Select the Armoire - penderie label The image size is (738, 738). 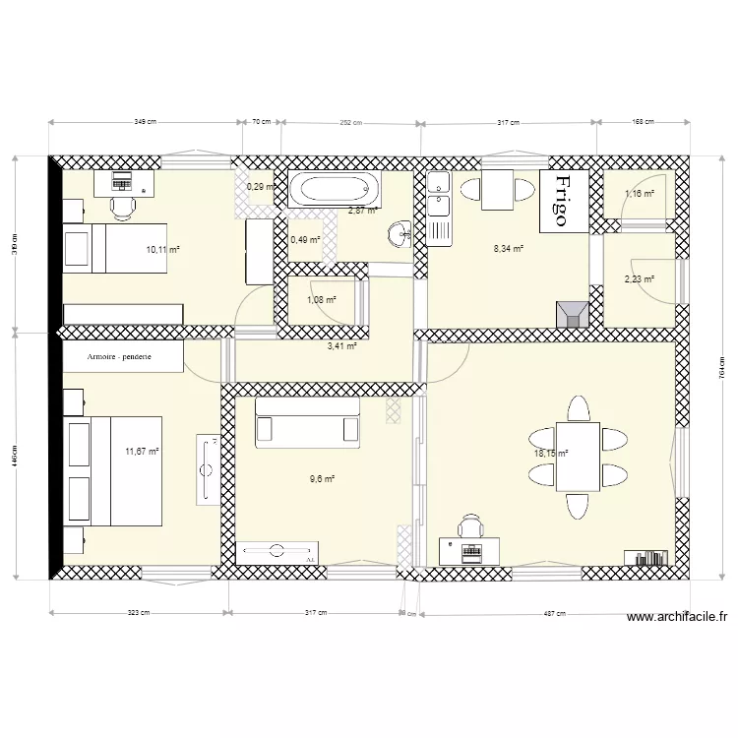(119, 357)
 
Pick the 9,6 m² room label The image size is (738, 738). (322, 479)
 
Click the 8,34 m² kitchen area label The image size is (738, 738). (508, 249)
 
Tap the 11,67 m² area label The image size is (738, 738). (142, 452)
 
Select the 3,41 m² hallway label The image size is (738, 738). (341, 345)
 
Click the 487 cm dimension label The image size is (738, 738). (554, 613)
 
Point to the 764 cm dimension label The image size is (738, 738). (721, 368)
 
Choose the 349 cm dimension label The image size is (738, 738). (145, 123)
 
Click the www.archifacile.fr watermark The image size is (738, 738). (676, 617)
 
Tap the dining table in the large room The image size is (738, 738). (577, 456)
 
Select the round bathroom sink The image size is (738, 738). (400, 234)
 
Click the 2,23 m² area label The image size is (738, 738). (639, 279)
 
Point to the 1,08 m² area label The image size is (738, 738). (322, 300)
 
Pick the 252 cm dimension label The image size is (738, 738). (351, 123)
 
